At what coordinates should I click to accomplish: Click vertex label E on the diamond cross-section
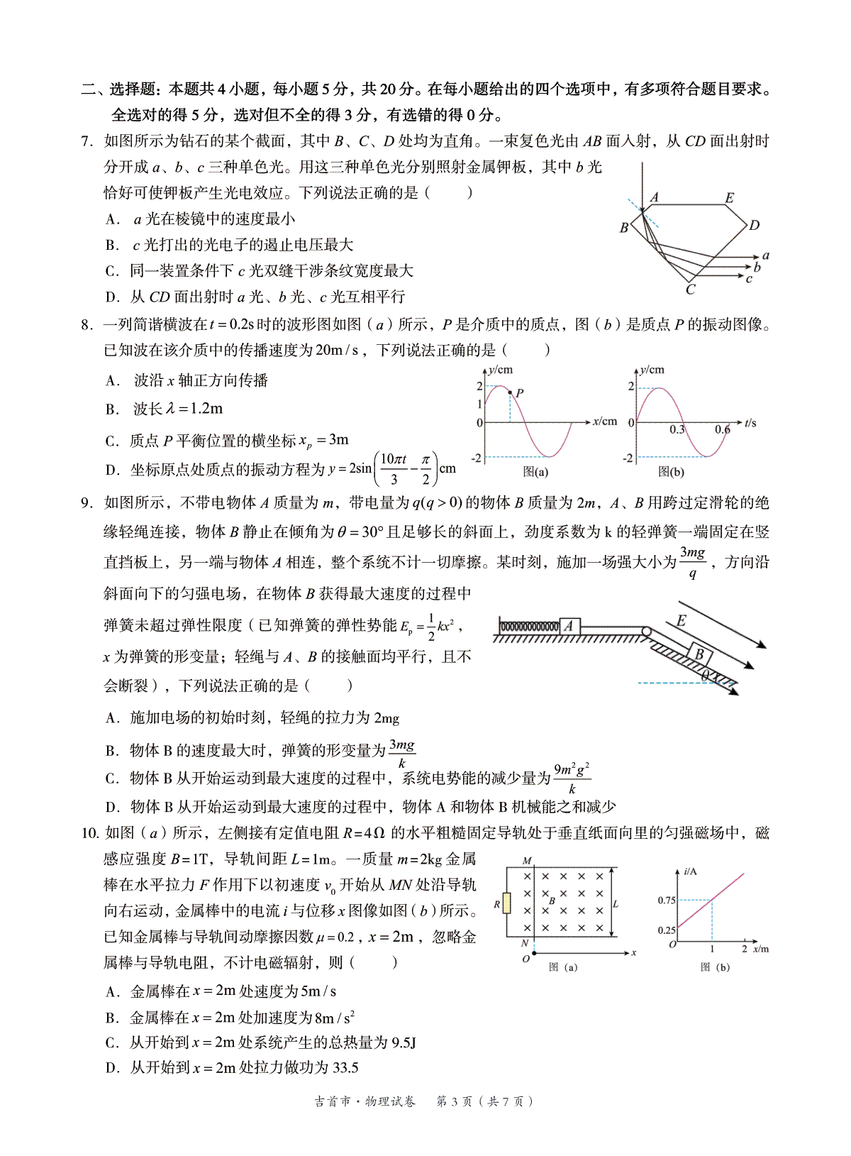[729, 198]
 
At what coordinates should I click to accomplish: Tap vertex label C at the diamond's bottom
[691, 290]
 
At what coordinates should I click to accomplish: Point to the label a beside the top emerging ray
[766, 255]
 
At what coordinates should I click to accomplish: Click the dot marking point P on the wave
[511, 392]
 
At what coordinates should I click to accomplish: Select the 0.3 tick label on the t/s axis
[677, 429]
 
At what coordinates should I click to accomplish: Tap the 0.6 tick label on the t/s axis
[723, 429]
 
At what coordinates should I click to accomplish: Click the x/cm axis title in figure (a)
[605, 421]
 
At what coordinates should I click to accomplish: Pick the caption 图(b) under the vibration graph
[671, 471]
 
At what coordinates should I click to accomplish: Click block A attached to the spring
[569, 626]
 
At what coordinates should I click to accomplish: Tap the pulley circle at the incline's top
[646, 631]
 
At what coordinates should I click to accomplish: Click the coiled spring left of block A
[529, 627]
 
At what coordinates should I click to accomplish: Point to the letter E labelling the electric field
[681, 621]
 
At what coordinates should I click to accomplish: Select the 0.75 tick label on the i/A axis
[667, 900]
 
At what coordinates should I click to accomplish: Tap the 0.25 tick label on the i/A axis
[667, 930]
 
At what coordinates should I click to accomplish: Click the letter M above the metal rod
[527, 860]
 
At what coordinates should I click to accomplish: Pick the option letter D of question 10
[112, 1068]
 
